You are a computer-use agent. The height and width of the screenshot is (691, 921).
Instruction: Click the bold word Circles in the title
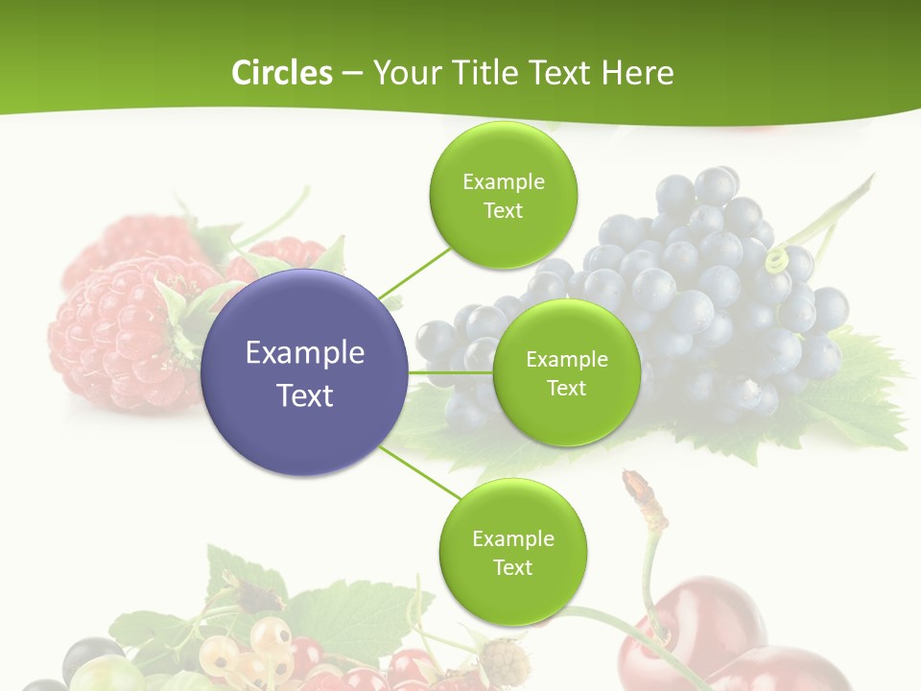tap(281, 73)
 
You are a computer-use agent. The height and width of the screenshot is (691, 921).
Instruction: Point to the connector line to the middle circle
tap(451, 372)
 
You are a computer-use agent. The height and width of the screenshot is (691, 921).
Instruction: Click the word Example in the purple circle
tap(305, 353)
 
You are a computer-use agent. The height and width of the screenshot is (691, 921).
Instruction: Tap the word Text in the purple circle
tap(305, 395)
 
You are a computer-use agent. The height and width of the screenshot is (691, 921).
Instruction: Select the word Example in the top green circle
tap(503, 182)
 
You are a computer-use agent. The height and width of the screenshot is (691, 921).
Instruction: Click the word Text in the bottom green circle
tap(512, 567)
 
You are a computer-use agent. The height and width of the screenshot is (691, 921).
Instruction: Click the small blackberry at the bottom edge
tap(504, 661)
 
